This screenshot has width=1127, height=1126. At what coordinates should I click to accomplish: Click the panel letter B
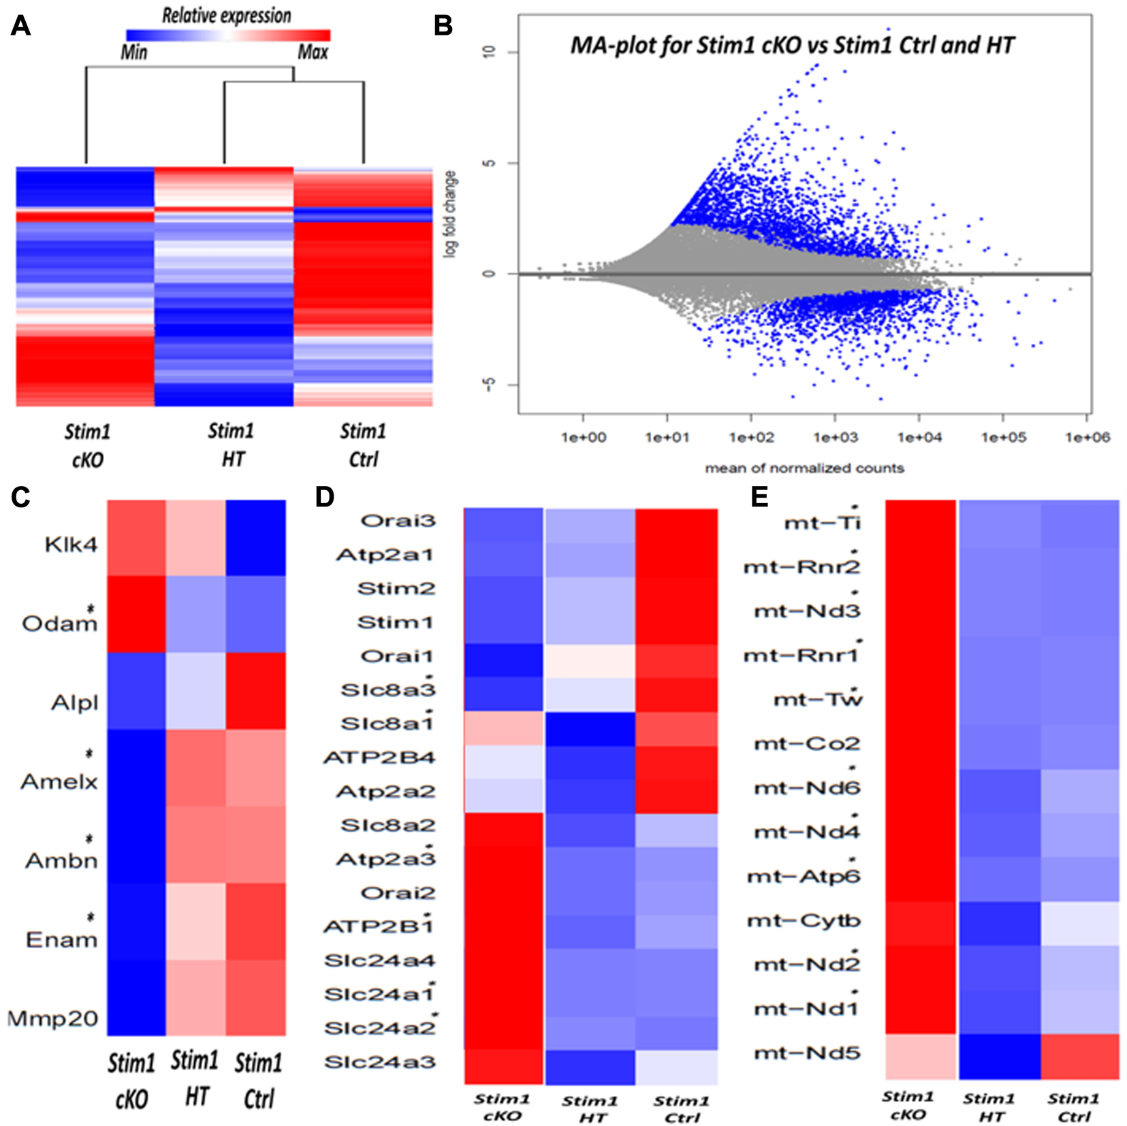point(443,26)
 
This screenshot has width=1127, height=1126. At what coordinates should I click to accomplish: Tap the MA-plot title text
point(792,46)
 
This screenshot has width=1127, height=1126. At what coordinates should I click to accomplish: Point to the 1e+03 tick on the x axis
point(836,437)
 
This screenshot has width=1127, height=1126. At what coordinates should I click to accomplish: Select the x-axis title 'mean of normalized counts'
point(804,468)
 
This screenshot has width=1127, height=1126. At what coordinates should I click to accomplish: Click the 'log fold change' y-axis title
point(450,214)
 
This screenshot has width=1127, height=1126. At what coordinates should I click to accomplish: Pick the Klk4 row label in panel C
point(71,545)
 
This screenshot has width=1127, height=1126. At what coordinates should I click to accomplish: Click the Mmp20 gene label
point(53,1018)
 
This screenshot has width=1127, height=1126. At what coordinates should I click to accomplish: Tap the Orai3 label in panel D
point(398,521)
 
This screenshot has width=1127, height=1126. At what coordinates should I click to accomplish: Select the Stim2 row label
point(396,588)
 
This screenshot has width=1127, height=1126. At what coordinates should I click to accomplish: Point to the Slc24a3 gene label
point(380,1062)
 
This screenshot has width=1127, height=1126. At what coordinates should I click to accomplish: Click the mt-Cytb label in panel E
point(804,921)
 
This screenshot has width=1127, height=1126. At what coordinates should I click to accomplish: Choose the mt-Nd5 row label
point(808,1053)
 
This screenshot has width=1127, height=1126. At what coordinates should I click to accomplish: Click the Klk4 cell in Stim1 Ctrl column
point(256,538)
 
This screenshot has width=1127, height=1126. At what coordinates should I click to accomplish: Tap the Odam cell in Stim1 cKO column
point(136,614)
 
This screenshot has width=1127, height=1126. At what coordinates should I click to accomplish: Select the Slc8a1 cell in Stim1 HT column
point(590,729)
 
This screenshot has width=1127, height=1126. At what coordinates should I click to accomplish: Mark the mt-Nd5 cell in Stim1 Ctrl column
point(1080,1056)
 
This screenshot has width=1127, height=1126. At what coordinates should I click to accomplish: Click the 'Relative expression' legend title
point(226,16)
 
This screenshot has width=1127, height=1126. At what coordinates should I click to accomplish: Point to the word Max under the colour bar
point(313,52)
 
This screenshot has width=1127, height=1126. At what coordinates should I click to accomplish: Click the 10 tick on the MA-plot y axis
point(490,52)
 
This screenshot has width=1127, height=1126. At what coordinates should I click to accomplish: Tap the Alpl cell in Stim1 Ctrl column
point(256,691)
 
